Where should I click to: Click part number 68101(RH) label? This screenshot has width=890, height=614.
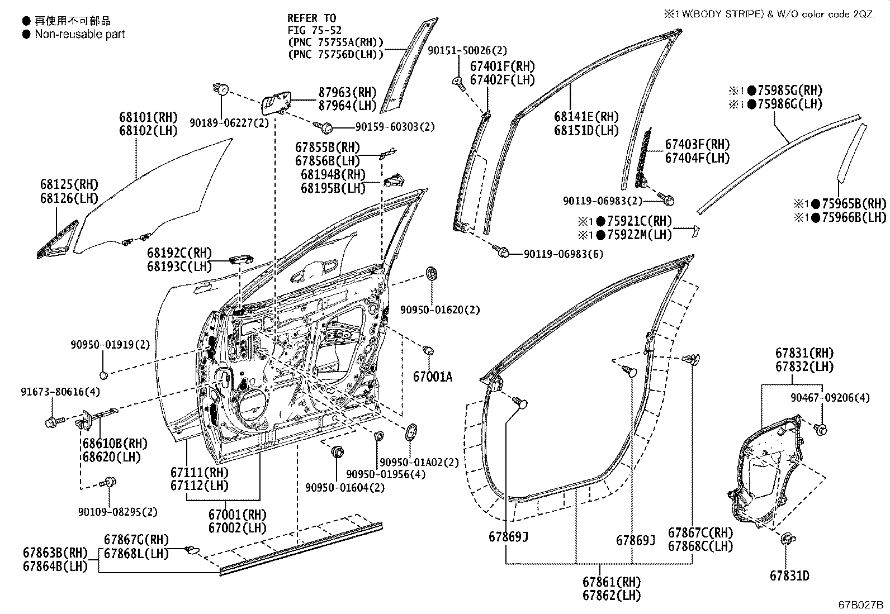tap(148, 117)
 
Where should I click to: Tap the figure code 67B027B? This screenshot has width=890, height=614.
tap(860, 605)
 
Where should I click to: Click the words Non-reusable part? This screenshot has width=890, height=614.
tap(79, 34)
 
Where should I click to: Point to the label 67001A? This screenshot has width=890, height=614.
tap(432, 377)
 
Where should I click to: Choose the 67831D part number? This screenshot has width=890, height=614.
tap(789, 575)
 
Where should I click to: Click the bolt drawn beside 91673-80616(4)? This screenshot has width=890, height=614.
tap(53, 421)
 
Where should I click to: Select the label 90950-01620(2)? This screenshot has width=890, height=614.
tap(440, 310)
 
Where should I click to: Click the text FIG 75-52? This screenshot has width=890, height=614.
tap(314, 30)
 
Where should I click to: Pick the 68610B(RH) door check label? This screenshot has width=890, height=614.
tap(115, 444)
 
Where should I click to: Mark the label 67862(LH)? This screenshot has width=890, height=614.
tap(612, 596)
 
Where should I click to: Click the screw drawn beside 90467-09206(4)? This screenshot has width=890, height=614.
tap(821, 429)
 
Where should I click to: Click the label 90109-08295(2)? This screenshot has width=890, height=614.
tap(118, 511)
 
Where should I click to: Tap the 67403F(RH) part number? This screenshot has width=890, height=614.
tap(697, 145)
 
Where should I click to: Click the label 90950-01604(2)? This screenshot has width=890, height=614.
tap(345, 488)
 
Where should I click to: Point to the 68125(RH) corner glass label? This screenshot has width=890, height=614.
tap(69, 184)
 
